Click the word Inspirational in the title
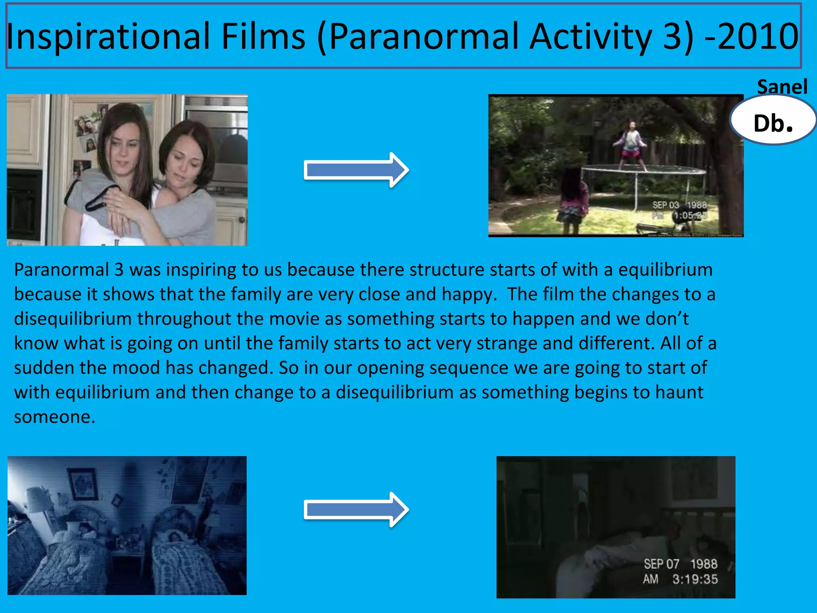pos(108,37)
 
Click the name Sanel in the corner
pos(782,87)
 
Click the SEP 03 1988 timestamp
pos(679,205)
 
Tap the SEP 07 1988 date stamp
pos(680,564)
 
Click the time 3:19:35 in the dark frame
pos(695,579)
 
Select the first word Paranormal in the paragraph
pos(61,270)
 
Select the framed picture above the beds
pos(83,484)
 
